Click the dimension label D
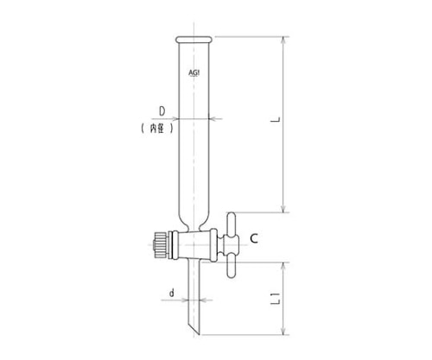tap(162, 111)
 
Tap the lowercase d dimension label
tap(172, 294)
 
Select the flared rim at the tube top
tap(196, 39)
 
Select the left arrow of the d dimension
tap(188, 303)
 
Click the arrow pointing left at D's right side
tap(213, 119)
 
